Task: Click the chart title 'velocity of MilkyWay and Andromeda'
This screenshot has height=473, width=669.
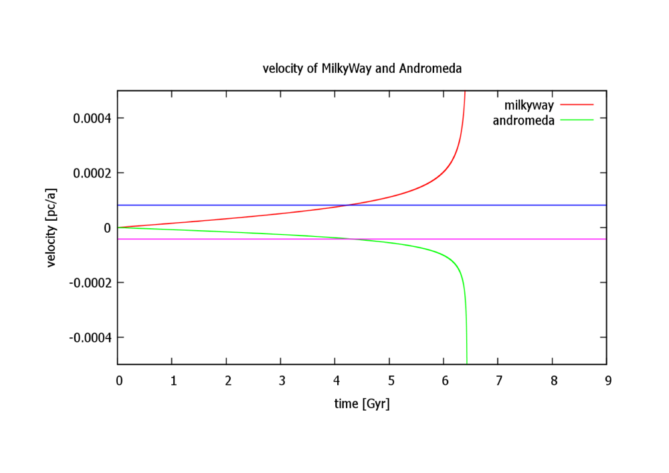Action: click(362, 69)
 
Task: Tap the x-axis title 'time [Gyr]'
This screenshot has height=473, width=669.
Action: click(361, 404)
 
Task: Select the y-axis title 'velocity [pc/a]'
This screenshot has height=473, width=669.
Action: click(52, 227)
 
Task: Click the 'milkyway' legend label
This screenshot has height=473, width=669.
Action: click(529, 105)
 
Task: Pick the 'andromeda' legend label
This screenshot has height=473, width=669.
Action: click(523, 120)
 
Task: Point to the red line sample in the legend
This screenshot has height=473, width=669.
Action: click(577, 105)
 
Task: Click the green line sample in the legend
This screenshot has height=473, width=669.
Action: click(577, 120)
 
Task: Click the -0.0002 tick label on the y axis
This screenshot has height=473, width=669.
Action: click(90, 283)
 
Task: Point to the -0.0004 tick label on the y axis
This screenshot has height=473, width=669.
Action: click(90, 338)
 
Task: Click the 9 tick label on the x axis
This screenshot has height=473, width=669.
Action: click(607, 381)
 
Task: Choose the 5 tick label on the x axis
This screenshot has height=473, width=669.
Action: click(389, 381)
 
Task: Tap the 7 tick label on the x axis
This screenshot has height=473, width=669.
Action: click(498, 381)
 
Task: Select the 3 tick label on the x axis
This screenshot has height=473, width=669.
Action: click(281, 381)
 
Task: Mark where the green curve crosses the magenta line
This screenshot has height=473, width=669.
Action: click(352, 239)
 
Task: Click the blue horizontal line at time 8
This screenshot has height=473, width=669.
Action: click(553, 205)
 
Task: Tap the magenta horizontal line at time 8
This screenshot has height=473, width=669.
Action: click(553, 239)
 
